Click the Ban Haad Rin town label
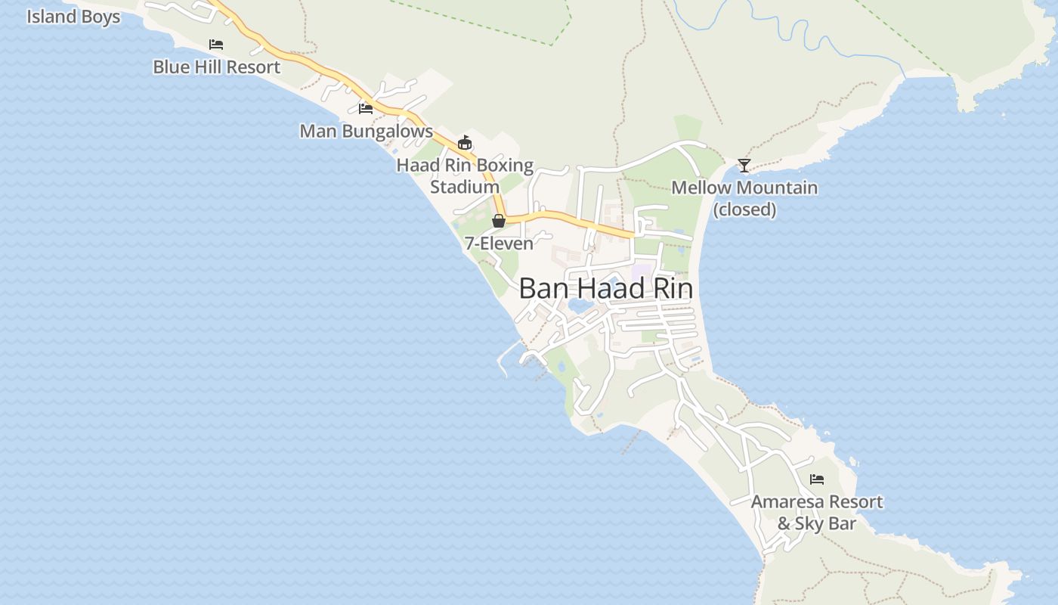click(605, 288)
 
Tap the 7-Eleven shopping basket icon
click(498, 221)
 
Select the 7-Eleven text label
click(499, 244)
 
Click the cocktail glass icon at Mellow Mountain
click(744, 166)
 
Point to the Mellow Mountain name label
click(744, 188)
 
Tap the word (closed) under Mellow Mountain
click(744, 209)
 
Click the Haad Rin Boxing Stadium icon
click(465, 142)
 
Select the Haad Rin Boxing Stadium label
click(465, 175)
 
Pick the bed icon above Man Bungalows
click(366, 109)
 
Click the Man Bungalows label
click(367, 131)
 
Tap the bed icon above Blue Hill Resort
click(216, 45)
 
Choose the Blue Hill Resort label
click(217, 67)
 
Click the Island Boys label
click(73, 17)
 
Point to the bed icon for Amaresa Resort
click(817, 479)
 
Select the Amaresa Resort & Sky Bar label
click(817, 512)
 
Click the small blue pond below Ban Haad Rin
click(580, 306)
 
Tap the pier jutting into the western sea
click(503, 361)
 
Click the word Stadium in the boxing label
click(465, 187)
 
